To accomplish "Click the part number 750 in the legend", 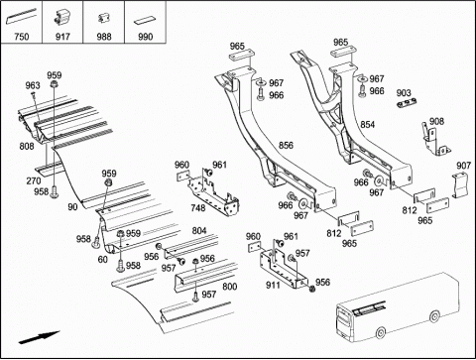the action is click(22, 36).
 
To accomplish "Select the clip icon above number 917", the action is click(62, 17).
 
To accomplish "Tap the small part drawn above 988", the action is click(103, 18).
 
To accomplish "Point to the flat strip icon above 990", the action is click(144, 21).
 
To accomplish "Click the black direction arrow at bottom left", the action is click(39, 337).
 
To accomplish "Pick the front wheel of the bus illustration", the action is click(381, 332).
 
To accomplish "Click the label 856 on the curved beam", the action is click(286, 145).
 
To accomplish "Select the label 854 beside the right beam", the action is click(368, 124).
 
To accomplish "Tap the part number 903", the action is click(404, 93).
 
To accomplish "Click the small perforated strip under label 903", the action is click(407, 103).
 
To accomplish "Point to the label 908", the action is click(436, 121).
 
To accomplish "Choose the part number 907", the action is click(463, 165).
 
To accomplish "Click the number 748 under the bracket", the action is click(197, 207).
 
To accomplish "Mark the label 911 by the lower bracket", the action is click(273, 285).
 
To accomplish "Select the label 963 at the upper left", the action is click(33, 85).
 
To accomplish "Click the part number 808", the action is click(27, 146).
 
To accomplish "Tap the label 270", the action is click(34, 180).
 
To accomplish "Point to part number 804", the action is click(199, 230).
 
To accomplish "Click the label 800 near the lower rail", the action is click(230, 287).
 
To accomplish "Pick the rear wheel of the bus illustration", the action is click(434, 316).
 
